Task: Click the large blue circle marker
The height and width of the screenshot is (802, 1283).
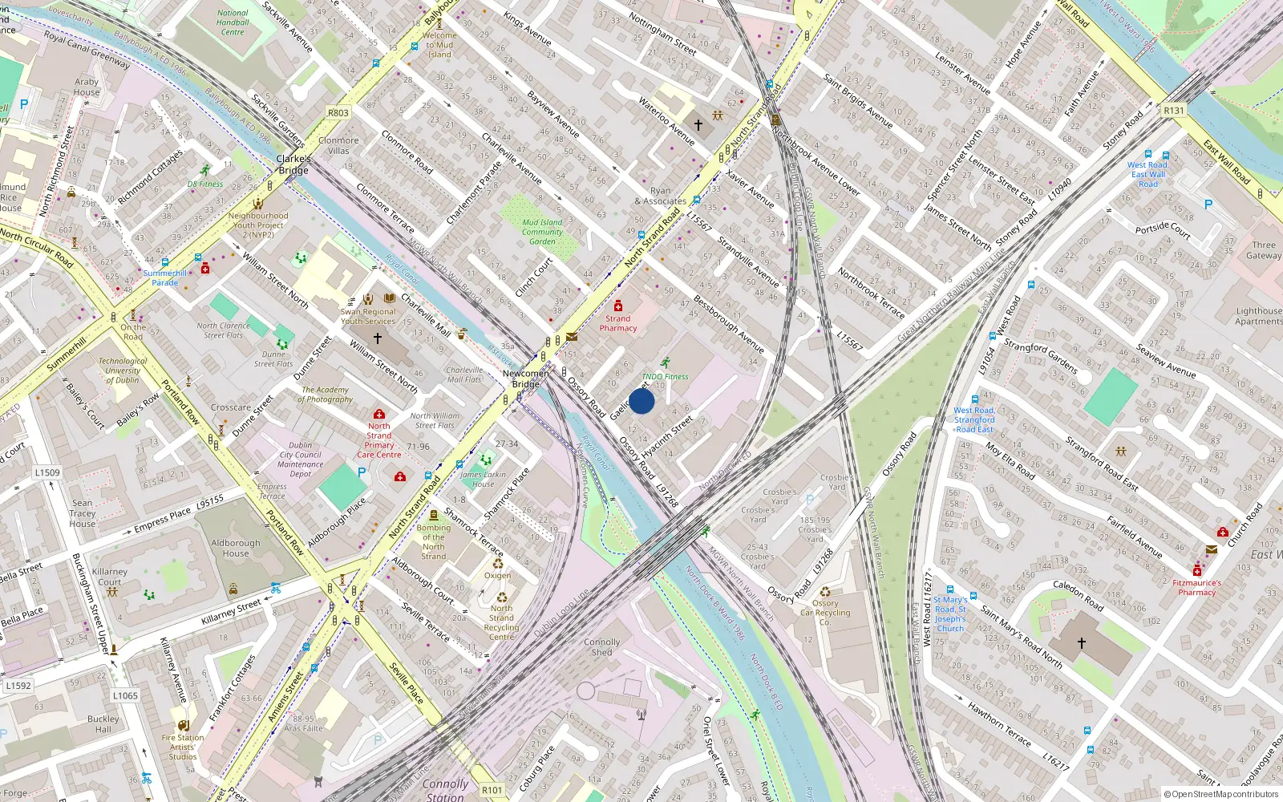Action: (641, 401)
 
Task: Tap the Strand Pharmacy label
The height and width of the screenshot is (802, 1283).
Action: (617, 323)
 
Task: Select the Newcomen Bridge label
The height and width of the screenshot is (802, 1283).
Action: (525, 379)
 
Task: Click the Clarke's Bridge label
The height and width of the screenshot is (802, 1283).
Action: (293, 164)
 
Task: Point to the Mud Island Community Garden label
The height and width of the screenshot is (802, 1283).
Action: (542, 232)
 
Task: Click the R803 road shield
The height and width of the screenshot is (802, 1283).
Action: (338, 113)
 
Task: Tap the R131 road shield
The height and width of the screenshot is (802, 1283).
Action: (1174, 111)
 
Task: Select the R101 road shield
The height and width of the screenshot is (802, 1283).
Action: (492, 790)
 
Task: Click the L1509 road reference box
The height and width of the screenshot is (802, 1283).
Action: (47, 472)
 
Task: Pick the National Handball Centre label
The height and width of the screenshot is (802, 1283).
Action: (233, 22)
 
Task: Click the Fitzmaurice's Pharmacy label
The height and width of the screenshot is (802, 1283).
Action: (1196, 588)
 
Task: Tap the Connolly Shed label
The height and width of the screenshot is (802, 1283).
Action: (601, 647)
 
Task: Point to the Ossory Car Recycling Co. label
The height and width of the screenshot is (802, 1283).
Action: (825, 613)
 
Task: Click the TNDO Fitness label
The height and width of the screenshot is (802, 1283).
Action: (665, 376)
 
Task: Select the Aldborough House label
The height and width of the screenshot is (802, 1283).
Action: (236, 548)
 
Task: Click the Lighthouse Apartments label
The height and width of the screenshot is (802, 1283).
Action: (1258, 316)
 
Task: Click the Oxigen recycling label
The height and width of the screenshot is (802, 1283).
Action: (497, 575)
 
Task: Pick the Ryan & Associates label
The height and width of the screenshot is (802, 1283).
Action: (660, 196)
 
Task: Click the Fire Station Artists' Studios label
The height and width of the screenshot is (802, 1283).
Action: (183, 747)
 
